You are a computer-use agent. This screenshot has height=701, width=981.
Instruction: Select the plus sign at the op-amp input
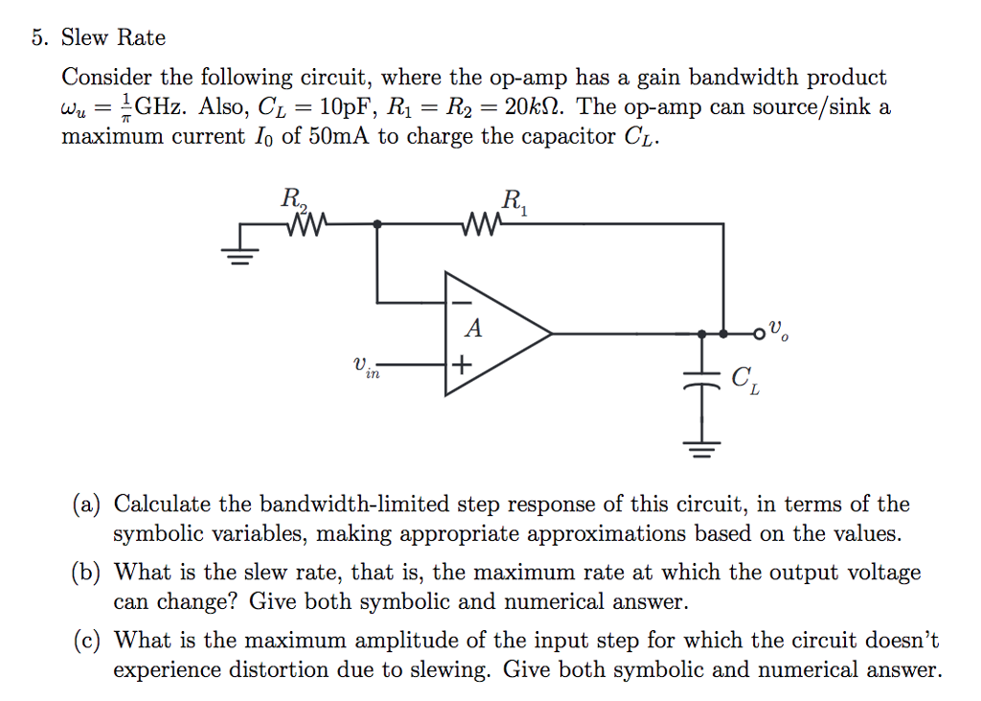point(463,365)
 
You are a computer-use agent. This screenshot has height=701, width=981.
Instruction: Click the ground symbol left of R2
point(241,254)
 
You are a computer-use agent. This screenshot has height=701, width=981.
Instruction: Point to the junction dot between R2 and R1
point(378,224)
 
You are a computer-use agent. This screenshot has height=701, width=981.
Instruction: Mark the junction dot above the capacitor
point(702,334)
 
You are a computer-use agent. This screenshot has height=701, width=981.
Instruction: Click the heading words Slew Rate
point(113,38)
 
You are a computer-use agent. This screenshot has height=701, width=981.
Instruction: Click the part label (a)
point(91,504)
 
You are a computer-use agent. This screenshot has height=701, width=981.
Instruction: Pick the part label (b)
point(91,573)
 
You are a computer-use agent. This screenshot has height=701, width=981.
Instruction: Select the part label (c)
point(91,641)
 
